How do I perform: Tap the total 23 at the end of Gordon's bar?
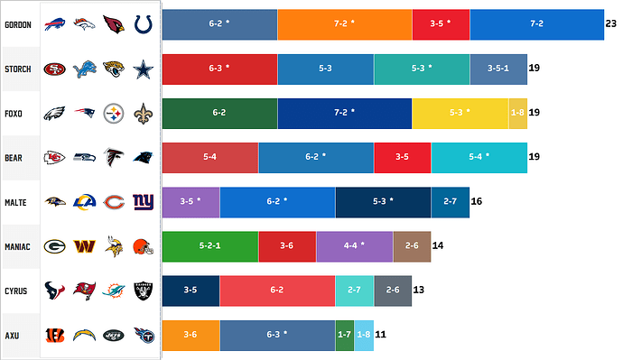tap(611, 24)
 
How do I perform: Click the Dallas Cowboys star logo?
tap(144, 69)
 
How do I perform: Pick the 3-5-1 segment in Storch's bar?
tap(498, 69)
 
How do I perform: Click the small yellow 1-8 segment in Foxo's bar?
tap(518, 113)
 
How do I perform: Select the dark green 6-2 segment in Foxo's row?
tap(219, 113)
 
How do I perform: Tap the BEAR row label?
tap(15, 157)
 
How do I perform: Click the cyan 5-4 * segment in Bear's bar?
tap(479, 157)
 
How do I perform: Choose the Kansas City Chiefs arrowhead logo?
tap(55, 157)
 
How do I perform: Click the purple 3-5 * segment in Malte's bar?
tap(191, 201)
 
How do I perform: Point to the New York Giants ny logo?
tap(144, 201)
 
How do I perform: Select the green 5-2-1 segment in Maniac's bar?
tap(209, 245)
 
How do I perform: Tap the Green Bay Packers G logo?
tap(55, 245)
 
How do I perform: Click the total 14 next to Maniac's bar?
tap(438, 245)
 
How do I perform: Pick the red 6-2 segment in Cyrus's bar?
tap(277, 290)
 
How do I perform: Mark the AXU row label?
tap(14, 334)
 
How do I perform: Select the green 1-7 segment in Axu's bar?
tap(344, 334)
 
